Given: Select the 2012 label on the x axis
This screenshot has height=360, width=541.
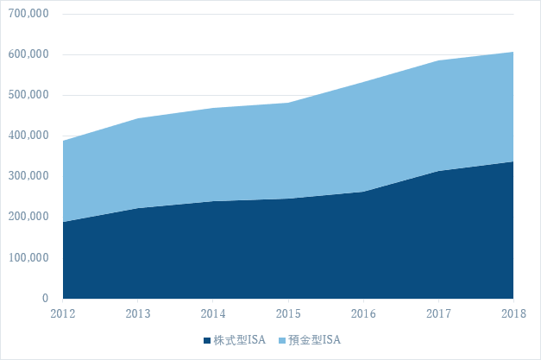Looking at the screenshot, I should pos(63,312).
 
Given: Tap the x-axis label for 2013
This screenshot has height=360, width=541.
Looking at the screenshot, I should pos(138,312).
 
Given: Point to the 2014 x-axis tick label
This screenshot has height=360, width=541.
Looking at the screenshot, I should pos(213,312).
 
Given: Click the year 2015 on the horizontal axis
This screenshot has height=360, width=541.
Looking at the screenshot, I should pos(288,312).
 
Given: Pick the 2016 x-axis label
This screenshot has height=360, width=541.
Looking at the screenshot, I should pos(363,312).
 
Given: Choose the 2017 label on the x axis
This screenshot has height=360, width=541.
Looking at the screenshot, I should pos(438,312).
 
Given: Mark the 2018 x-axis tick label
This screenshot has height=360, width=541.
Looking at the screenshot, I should pos(513,312).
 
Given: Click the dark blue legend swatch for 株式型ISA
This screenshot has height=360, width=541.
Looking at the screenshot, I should pos(206,340).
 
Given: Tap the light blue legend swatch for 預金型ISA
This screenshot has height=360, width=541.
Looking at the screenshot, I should pos(280,340).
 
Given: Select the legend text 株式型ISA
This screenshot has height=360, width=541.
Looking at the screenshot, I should pos(239,340).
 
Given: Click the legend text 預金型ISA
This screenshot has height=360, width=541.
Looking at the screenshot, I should pos(313,340).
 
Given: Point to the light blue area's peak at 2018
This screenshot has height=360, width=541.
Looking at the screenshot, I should pos(513,53).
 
